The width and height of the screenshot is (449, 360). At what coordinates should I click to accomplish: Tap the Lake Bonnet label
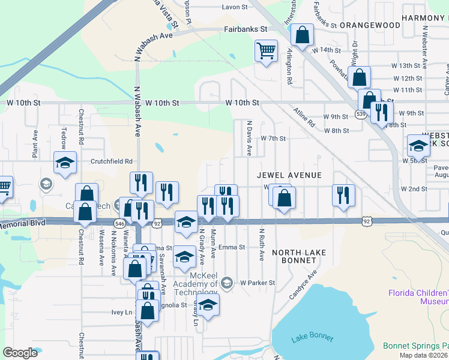click(312, 338)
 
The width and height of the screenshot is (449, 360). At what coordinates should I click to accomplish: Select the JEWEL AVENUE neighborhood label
click(289, 175)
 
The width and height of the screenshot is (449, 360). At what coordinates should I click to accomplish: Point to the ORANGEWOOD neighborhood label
click(370, 25)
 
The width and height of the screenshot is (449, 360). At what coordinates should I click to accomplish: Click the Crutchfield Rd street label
click(112, 161)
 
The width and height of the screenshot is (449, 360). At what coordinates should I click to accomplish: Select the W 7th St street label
click(273, 139)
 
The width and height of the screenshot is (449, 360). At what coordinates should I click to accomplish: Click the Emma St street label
click(232, 247)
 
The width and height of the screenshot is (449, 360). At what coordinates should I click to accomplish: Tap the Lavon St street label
click(235, 7)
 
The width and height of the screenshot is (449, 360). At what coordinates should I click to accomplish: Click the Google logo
click(20, 352)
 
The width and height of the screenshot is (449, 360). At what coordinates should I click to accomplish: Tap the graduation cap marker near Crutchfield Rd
click(65, 162)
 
